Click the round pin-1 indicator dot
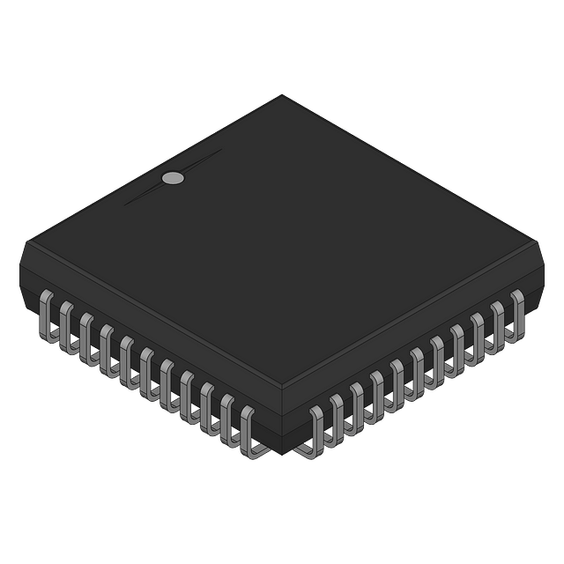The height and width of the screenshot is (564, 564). pyautogui.click(x=174, y=179)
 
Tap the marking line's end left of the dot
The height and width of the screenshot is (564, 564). pyautogui.click(x=124, y=204)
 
